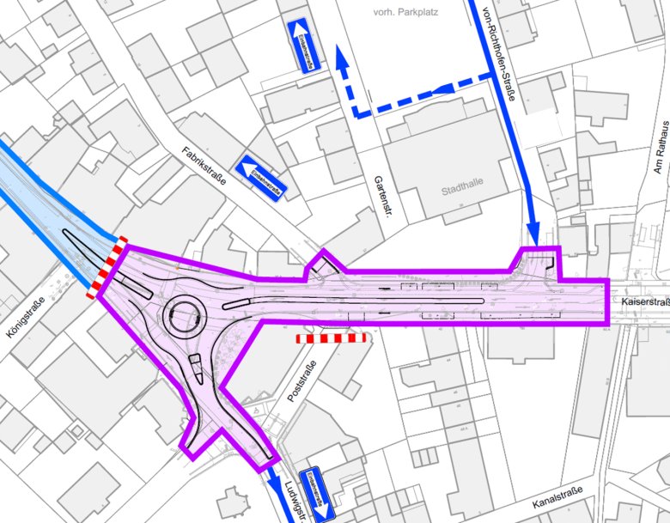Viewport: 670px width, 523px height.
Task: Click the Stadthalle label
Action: tap(462, 189)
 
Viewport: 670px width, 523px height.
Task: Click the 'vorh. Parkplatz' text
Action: tap(394, 13)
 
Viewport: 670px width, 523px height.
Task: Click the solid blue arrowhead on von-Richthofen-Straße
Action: tap(533, 234)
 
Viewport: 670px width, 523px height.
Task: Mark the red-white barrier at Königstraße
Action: tap(107, 267)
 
